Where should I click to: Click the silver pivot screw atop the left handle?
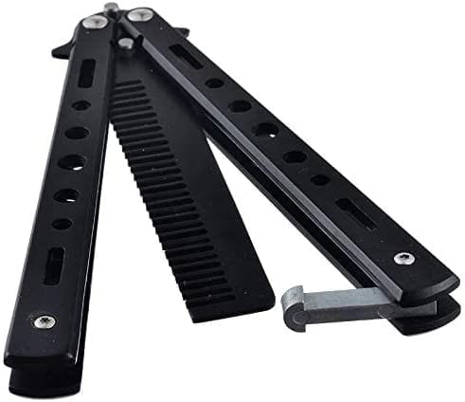pos(93,22)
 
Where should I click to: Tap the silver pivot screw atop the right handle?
pos(140,14)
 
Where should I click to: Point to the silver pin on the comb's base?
pos(126,43)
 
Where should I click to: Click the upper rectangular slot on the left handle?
pos(85,73)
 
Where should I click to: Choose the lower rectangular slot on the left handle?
pos(54,265)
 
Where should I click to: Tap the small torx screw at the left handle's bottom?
pos(45,322)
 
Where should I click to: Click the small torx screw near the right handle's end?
pos(405,258)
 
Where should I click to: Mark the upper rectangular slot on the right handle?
pos(187,56)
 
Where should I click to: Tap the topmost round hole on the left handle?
pos(82,105)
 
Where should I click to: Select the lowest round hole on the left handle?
pos(62,225)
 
